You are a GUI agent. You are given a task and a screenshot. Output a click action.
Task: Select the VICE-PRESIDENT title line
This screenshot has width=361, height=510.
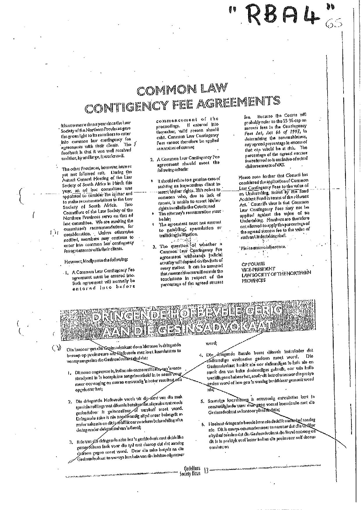pyautogui.click(x=258, y=269)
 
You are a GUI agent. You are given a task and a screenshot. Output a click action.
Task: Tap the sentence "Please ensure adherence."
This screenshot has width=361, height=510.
pyautogui.click(x=263, y=247)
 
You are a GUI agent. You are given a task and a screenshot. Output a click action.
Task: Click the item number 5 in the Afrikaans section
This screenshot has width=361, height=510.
pyautogui.click(x=202, y=402)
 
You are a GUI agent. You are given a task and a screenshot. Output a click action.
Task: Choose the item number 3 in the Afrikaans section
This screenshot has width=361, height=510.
pyautogui.click(x=71, y=443)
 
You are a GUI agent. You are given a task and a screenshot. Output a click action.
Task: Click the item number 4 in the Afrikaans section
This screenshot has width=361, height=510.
pyautogui.click(x=201, y=355)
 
